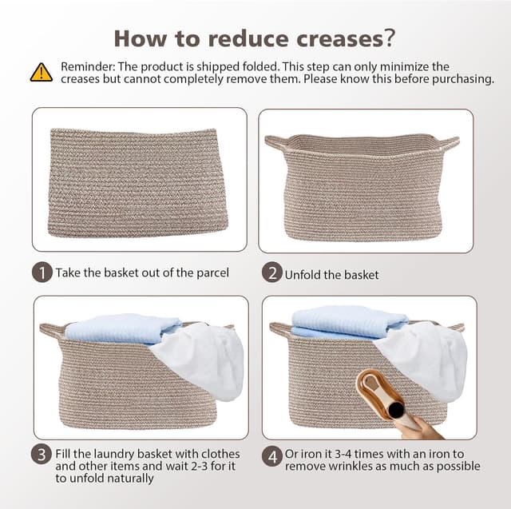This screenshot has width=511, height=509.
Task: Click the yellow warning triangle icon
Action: (x=41, y=73)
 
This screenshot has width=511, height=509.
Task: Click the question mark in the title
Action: (x=390, y=38)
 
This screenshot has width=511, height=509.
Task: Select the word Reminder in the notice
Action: (x=88, y=66)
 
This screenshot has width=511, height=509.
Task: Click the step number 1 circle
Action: (x=42, y=272)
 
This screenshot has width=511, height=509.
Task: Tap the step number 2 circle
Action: (x=271, y=272)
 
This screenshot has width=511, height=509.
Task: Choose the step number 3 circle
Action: (x=42, y=455)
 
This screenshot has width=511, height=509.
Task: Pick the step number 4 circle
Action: (x=271, y=456)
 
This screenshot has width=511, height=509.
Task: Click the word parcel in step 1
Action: (x=212, y=273)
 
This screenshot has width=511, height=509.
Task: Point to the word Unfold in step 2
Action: (x=303, y=275)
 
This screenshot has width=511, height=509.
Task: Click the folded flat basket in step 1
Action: (x=138, y=183)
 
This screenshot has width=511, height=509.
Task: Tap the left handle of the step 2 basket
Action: (x=276, y=142)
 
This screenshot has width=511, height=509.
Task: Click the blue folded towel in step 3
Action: (x=124, y=329)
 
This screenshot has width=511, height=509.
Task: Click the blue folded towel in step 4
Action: (x=350, y=321)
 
